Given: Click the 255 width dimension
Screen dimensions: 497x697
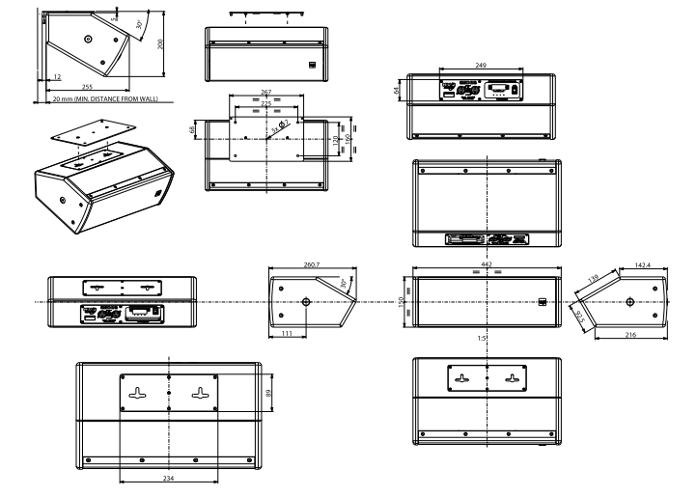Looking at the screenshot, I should tap(100, 87).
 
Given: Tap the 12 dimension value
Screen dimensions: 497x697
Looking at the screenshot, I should tap(57, 76).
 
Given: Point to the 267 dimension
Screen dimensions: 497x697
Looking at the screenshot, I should tap(266, 93).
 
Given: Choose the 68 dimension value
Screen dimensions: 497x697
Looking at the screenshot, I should tap(192, 129).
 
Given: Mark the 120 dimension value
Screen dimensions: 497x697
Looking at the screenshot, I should tap(334, 141).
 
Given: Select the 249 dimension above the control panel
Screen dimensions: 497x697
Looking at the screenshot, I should tap(480, 65).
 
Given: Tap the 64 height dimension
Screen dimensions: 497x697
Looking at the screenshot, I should tap(397, 90).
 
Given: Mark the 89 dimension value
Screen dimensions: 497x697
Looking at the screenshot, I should tap(271, 394).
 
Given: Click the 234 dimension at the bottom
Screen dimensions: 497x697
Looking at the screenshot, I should tap(168, 479).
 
